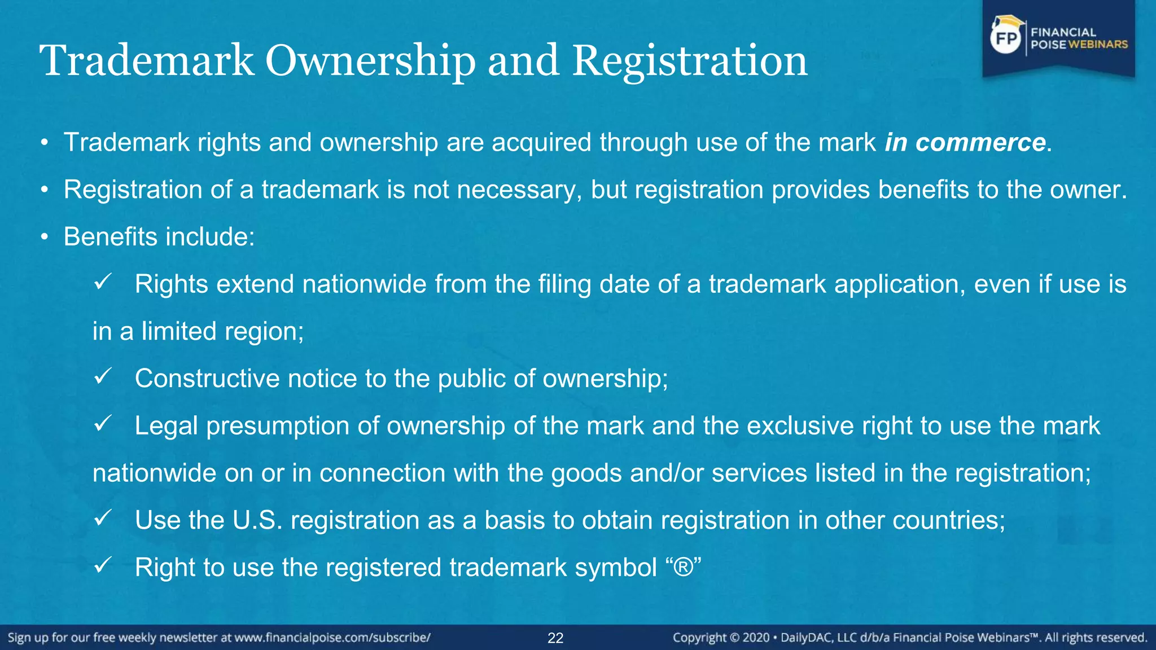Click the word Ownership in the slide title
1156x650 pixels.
370,61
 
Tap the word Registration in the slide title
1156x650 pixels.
690,61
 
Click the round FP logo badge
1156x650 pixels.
1006,38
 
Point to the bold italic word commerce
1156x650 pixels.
980,142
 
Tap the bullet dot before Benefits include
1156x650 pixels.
45,238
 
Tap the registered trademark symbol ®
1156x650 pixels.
683,567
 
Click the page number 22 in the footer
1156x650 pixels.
555,638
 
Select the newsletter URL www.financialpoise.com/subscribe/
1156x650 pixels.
332,638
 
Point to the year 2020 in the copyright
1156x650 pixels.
756,638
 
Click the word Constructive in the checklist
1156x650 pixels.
207,379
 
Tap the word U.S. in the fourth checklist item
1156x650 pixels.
257,520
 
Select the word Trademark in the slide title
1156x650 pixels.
147,61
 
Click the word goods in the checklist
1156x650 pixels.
586,473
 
